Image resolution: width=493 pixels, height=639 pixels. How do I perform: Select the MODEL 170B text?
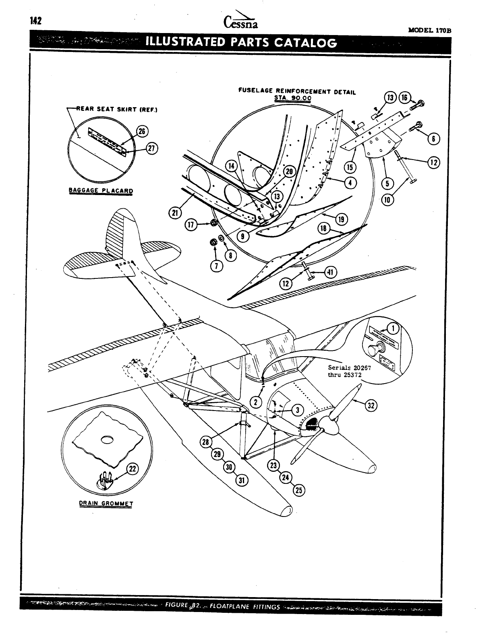coord(430,30)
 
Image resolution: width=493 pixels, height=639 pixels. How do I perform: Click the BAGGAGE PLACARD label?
coord(101,190)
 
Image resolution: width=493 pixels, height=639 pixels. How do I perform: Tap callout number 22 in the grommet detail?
coord(132,469)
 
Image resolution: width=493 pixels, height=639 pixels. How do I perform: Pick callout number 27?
coord(151,148)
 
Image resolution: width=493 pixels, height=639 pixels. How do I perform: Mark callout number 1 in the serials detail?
coord(393,329)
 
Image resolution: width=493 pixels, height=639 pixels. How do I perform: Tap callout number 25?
coord(299,490)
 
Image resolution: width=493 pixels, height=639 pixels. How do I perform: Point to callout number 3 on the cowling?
coord(297,410)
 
